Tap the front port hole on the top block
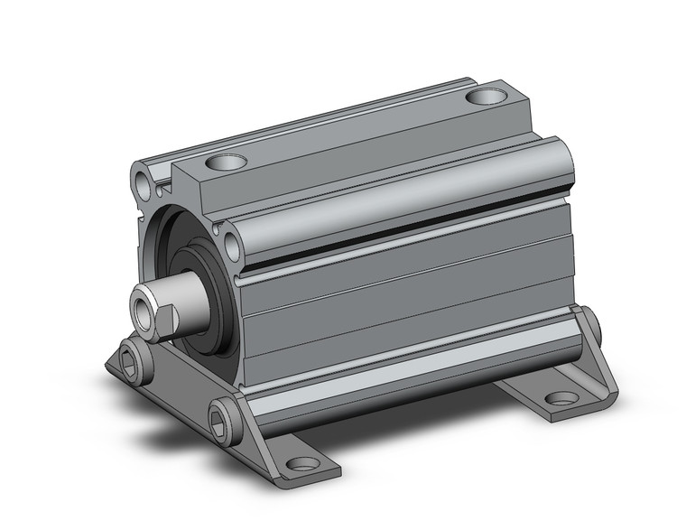coord(227,163)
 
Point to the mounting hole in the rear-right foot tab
coord(561,396)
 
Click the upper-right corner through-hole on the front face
coord(234,244)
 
